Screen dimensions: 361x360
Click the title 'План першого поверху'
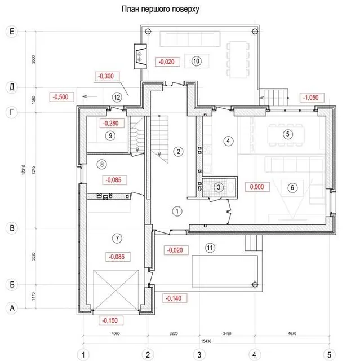click(x=161, y=10)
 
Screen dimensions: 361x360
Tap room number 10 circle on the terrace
click(x=196, y=61)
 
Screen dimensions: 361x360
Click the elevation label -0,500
click(x=60, y=97)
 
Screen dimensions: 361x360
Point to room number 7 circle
click(x=117, y=238)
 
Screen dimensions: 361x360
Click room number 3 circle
click(x=220, y=187)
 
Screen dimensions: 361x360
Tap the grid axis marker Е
click(x=12, y=32)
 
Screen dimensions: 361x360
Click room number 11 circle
click(x=210, y=247)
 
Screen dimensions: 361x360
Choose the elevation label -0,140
click(x=174, y=297)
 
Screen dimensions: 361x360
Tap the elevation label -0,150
click(x=109, y=320)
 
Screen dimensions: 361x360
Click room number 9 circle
click(x=110, y=135)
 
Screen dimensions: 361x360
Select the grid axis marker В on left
click(x=12, y=228)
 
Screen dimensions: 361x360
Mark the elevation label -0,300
click(x=105, y=76)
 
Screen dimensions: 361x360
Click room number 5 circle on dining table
click(x=287, y=134)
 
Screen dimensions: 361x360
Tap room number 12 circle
click(x=117, y=97)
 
